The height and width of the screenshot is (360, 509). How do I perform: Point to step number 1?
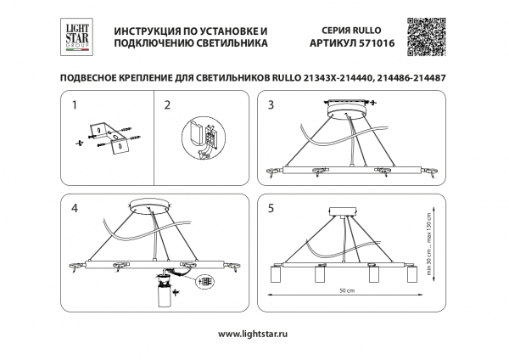[75, 106]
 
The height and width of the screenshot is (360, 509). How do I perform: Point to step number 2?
[167, 106]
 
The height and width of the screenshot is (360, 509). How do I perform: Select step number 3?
[271, 106]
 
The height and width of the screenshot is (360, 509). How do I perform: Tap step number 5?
[271, 207]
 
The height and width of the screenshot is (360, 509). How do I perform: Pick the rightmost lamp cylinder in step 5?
[411, 276]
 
